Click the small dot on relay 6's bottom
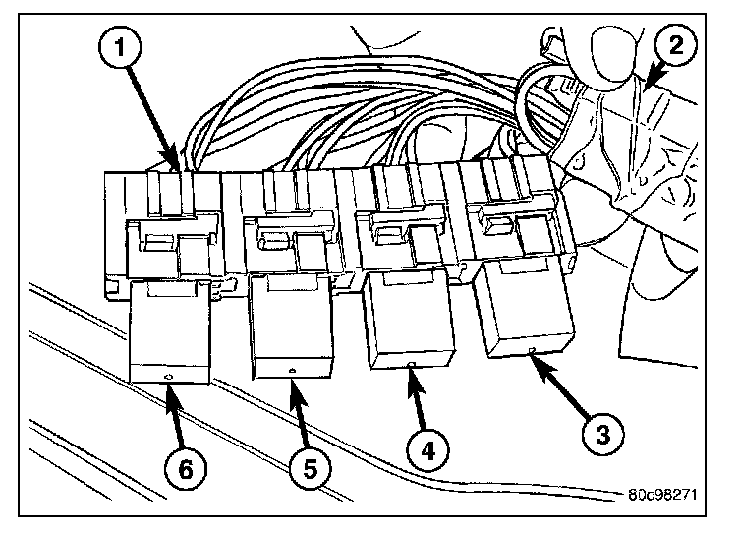pos(168,379)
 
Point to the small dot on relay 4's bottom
pos(409,365)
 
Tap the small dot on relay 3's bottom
pos(530,351)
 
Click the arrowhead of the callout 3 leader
pos(536,358)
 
